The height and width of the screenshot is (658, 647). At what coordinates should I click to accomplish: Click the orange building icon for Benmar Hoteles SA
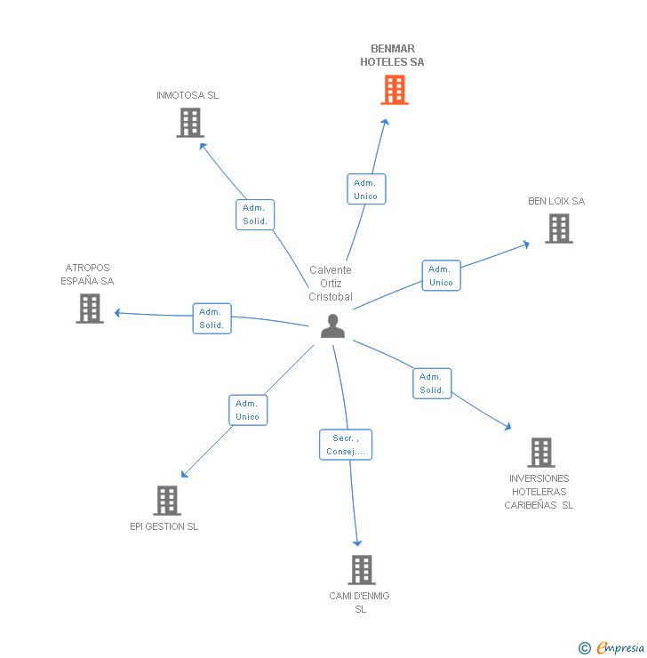[x=395, y=90]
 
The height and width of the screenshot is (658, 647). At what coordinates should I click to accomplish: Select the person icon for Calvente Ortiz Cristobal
[x=332, y=326]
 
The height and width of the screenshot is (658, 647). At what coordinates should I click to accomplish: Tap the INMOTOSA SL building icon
[x=190, y=123]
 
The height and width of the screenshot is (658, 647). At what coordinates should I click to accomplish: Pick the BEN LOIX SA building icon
[x=558, y=229]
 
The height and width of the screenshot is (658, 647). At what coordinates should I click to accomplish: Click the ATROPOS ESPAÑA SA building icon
[x=90, y=309]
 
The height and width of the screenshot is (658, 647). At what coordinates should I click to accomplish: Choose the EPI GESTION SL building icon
[x=167, y=501]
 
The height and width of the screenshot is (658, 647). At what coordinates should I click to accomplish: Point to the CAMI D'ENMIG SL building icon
[x=361, y=569]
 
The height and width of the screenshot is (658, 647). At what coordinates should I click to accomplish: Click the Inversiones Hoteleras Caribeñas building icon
[x=540, y=453]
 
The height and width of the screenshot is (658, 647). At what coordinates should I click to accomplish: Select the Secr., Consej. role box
[x=346, y=445]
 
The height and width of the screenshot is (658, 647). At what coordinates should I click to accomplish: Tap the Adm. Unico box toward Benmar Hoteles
[x=365, y=189]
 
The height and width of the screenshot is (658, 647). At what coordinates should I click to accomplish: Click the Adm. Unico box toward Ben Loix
[x=441, y=276]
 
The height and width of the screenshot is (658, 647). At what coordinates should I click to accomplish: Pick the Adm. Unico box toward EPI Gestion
[x=247, y=410]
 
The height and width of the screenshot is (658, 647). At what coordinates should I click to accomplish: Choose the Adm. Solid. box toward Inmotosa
[x=255, y=214]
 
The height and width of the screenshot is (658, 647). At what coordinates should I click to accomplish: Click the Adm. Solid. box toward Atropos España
[x=212, y=318]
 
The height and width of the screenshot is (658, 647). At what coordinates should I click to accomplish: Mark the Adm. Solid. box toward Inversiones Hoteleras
[x=432, y=383]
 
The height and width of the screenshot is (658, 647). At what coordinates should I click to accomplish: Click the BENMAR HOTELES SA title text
[x=392, y=55]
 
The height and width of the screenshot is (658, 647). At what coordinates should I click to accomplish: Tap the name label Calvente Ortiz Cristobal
[x=331, y=283]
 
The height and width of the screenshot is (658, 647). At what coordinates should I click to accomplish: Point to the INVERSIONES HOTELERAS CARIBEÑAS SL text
[x=539, y=492]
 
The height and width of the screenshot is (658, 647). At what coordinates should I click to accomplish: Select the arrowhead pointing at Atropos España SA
[x=117, y=312]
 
